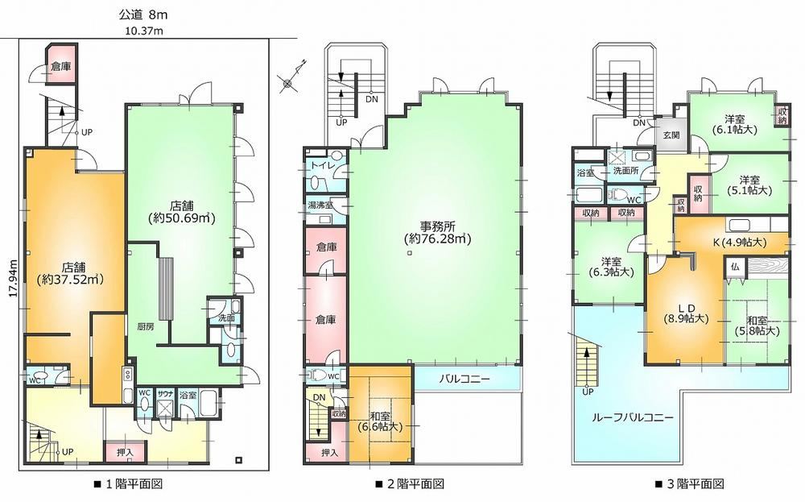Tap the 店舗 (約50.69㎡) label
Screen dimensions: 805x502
click(x=181, y=211)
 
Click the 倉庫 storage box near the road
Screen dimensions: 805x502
click(x=61, y=65)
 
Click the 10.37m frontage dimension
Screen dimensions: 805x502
click(x=144, y=31)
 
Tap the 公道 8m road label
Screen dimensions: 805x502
click(x=143, y=15)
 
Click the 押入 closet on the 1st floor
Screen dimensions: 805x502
click(x=125, y=453)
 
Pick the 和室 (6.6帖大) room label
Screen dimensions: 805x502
click(x=380, y=420)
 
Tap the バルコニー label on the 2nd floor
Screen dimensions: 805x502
click(x=464, y=380)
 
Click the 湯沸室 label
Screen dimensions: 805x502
click(x=320, y=205)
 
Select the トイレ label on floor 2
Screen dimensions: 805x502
click(x=321, y=165)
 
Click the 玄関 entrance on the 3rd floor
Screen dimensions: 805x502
click(x=671, y=135)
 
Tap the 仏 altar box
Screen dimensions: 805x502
click(x=735, y=268)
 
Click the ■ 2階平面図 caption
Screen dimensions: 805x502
click(x=410, y=483)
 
